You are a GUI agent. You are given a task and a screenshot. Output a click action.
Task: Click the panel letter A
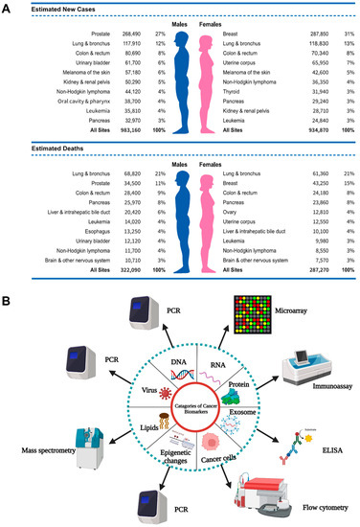point(8,8)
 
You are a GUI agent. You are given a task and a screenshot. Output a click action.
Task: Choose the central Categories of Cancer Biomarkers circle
point(179,409)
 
